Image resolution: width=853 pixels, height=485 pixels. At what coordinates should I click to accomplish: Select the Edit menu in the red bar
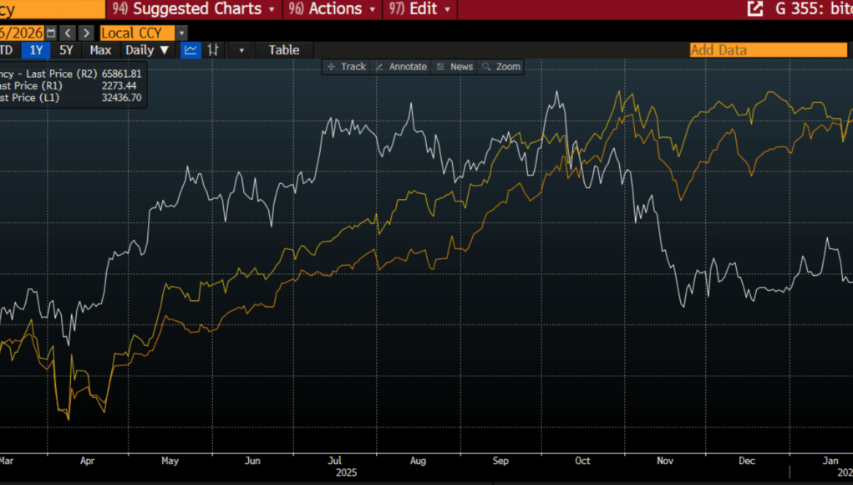(421, 9)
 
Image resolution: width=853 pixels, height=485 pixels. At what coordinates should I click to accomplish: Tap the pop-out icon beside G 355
(754, 9)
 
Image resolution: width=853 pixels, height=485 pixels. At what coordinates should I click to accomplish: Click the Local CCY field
(137, 33)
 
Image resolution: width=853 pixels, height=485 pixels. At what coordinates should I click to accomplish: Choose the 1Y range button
(36, 49)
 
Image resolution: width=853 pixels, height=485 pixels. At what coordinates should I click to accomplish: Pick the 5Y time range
(66, 49)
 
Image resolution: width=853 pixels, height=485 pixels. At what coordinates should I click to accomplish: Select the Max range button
(100, 49)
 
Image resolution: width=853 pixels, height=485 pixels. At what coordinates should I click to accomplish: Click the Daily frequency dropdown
(147, 49)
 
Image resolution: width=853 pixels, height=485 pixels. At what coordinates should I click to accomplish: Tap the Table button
(283, 49)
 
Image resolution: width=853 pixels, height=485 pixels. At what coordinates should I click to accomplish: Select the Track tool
(347, 67)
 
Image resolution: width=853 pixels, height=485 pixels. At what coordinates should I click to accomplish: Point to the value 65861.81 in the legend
(122, 74)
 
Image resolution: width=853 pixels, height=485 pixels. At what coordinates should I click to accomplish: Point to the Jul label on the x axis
(334, 461)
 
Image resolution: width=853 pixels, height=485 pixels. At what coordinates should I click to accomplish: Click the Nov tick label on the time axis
(664, 461)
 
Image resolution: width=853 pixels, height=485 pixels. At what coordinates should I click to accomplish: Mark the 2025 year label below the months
(347, 472)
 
